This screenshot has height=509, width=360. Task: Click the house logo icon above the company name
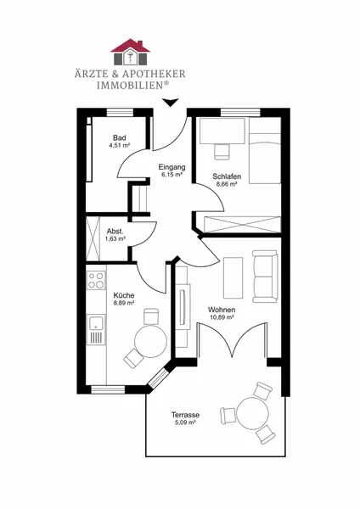click(130, 52)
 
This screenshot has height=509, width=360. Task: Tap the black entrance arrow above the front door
click(171, 103)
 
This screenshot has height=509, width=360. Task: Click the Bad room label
click(120, 138)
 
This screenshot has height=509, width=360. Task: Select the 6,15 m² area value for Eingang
click(172, 175)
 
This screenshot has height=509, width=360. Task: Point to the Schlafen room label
click(227, 176)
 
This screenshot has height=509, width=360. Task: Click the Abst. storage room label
click(115, 232)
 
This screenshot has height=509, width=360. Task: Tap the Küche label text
click(124, 295)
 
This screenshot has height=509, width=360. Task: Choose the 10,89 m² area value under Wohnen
click(222, 317)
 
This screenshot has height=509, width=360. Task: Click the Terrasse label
click(186, 415)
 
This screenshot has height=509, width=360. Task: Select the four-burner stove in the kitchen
click(96, 280)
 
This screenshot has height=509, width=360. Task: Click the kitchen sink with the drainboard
click(96, 329)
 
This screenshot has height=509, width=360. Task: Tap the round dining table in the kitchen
click(150, 341)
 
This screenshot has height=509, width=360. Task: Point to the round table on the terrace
click(253, 414)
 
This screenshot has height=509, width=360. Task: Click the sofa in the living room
click(265, 277)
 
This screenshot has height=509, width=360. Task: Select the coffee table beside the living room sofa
click(233, 278)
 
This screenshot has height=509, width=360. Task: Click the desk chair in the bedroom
click(222, 152)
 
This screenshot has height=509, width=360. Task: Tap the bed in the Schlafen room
click(265, 150)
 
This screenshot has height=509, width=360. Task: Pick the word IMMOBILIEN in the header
click(130, 86)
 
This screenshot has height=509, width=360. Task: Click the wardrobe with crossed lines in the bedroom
click(242, 224)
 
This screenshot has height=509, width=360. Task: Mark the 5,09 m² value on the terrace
click(185, 422)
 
